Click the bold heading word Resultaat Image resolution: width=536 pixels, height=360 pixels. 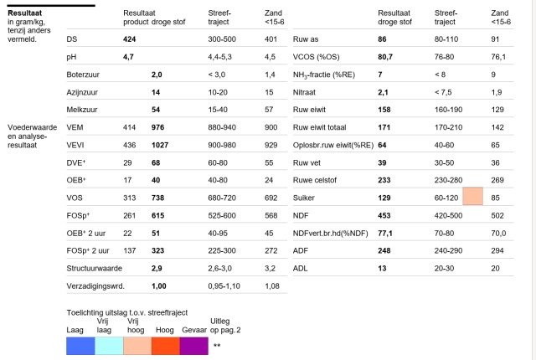[x=24, y=13]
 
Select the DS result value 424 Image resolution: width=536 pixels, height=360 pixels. [x=129, y=39]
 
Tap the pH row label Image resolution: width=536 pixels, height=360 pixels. [x=71, y=57]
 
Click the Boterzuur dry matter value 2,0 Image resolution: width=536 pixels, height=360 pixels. [x=157, y=75]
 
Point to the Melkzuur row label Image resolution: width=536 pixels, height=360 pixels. [x=82, y=110]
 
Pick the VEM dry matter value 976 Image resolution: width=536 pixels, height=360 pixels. [x=157, y=127]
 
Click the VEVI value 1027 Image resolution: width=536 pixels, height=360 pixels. [x=160, y=145]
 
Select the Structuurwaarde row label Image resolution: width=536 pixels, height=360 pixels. [x=95, y=269]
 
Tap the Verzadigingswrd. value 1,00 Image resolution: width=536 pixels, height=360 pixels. [x=158, y=286]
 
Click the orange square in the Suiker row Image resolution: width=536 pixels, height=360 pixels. [x=472, y=196]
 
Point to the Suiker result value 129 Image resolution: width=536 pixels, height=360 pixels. [x=384, y=198]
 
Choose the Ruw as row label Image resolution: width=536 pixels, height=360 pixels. [x=306, y=39]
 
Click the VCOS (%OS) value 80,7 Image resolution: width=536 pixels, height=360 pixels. [x=385, y=57]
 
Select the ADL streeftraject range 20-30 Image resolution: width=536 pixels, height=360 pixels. [x=444, y=269]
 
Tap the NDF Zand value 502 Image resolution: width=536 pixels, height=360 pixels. [x=497, y=216]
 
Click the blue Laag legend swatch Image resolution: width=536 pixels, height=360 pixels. [x=80, y=346]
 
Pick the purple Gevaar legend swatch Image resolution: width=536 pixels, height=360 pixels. [x=193, y=346]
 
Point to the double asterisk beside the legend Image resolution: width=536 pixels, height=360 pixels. [x=217, y=345]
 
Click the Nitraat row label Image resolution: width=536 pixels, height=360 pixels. [x=304, y=92]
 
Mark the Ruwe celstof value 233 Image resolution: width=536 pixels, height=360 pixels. [x=384, y=180]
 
